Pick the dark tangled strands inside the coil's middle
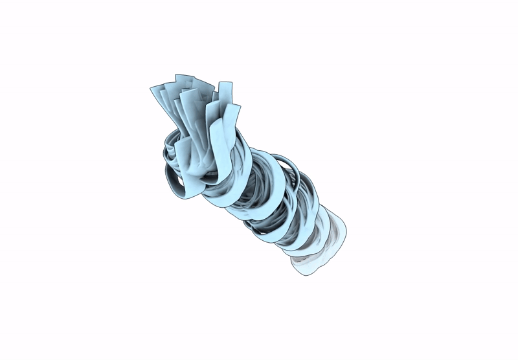point(259,194)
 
